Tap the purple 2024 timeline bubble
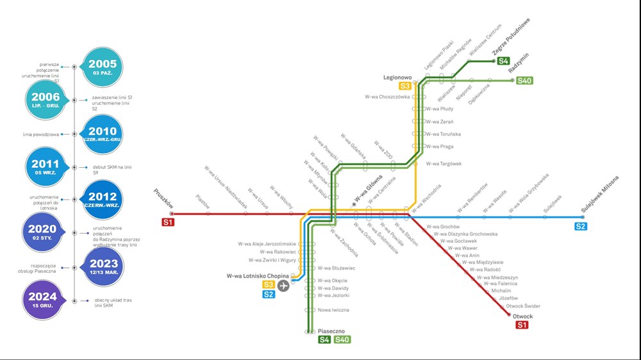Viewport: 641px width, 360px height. (42, 300)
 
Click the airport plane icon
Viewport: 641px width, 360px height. (283, 285)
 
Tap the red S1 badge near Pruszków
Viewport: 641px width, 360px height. (168, 222)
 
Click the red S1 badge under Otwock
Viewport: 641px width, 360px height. (522, 325)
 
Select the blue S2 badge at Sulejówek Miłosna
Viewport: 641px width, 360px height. (581, 226)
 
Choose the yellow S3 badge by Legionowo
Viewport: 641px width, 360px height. (405, 86)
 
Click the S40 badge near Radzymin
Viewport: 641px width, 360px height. (525, 81)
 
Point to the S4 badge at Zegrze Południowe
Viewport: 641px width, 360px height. (504, 61)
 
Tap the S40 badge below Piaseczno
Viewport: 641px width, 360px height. (342, 340)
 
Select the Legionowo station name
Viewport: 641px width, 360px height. (397, 78)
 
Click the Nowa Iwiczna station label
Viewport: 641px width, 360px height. (333, 310)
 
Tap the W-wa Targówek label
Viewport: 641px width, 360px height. (444, 163)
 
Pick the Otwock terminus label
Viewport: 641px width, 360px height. (522, 316)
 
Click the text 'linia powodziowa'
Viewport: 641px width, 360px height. (40, 135)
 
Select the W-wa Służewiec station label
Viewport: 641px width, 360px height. (337, 268)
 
